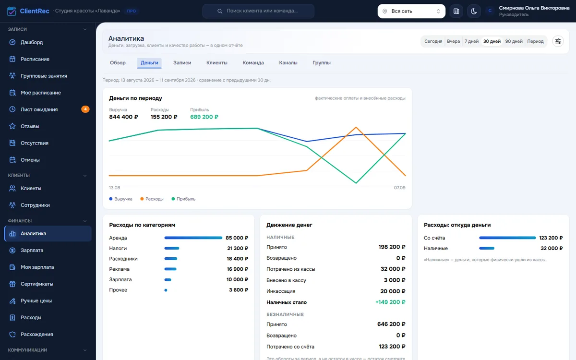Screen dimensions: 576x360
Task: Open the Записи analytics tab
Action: coord(182,63)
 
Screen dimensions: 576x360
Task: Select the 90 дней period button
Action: coord(514,41)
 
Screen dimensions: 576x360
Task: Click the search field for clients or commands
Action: coord(258,11)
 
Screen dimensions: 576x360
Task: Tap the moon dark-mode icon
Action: coord(474,11)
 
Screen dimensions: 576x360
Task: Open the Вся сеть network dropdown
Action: coord(411,11)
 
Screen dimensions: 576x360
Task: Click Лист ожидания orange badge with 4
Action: coord(85,109)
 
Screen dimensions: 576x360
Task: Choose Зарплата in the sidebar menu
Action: coord(32,250)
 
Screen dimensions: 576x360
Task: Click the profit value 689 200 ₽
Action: coord(204,117)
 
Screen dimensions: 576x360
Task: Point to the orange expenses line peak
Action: coord(356,127)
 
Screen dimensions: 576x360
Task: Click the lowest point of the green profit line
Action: coord(356,183)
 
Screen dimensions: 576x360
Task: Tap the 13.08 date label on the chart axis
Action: coord(114,188)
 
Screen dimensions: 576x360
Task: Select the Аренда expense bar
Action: coord(193,238)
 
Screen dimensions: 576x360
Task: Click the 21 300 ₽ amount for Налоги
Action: coord(238,248)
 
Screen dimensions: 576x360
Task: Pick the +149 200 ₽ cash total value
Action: coord(390,302)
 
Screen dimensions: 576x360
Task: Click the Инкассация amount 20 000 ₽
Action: coord(393,291)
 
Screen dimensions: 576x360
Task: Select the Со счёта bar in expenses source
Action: coord(507,238)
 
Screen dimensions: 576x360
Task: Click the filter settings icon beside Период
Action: coord(558,41)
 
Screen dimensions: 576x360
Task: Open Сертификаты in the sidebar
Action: coord(37,284)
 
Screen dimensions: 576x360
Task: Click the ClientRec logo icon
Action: coord(12,11)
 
